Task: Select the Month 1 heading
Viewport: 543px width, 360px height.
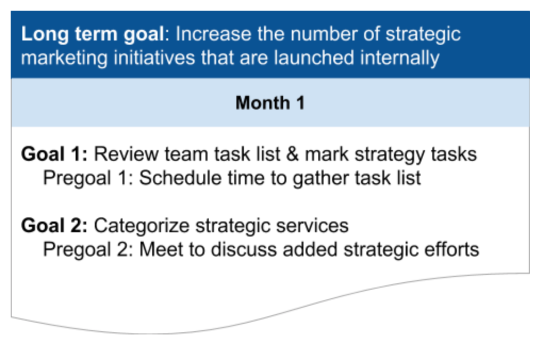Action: click(x=270, y=103)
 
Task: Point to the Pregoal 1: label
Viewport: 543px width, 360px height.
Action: click(x=88, y=178)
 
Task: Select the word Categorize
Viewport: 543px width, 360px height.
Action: click(x=142, y=226)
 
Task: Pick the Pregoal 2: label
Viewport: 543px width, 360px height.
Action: click(x=88, y=249)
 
